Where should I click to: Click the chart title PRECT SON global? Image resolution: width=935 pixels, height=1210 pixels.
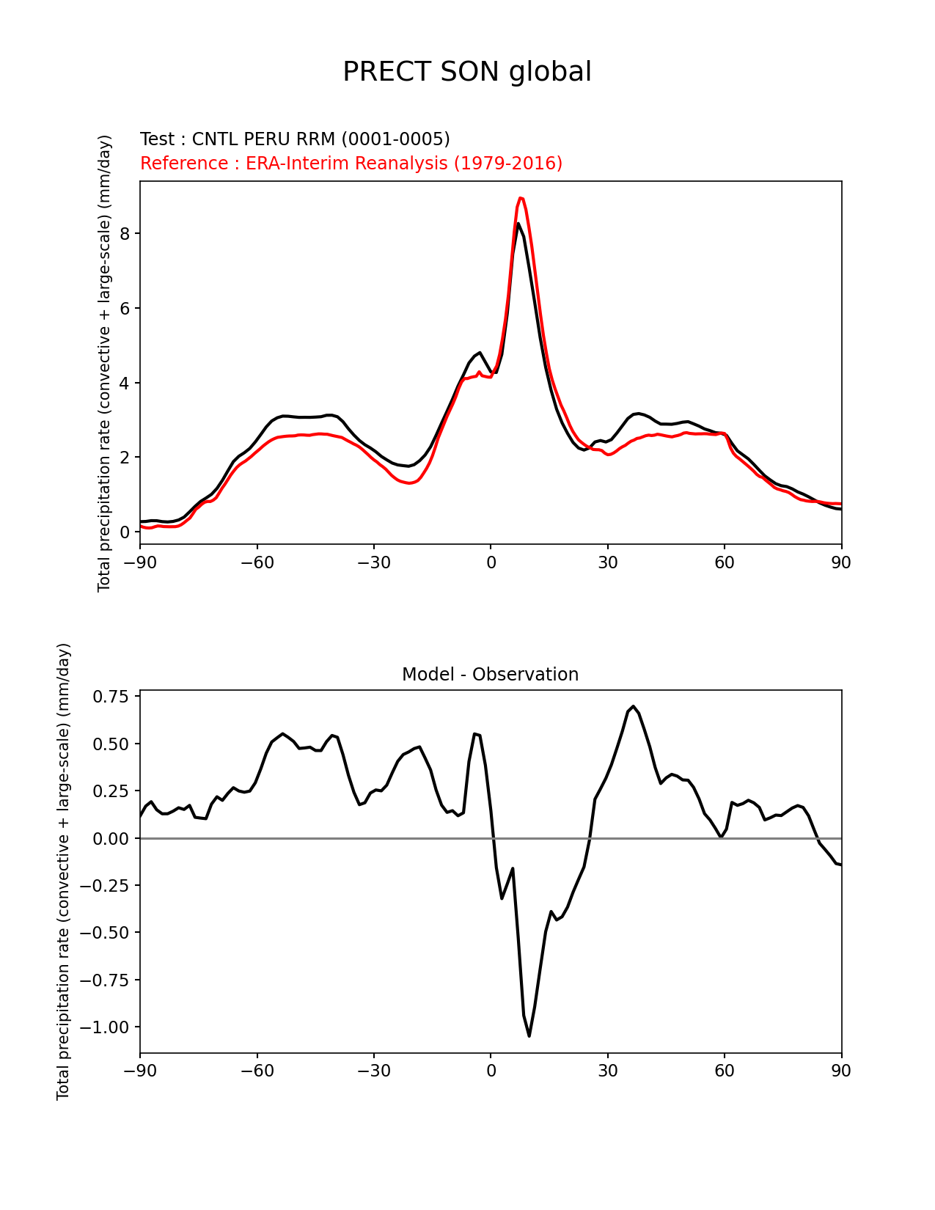point(467,72)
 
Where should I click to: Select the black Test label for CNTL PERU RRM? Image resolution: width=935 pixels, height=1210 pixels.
point(295,139)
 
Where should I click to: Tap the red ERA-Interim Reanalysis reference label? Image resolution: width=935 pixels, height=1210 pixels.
point(351,164)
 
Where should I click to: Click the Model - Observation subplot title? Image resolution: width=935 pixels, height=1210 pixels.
point(490,675)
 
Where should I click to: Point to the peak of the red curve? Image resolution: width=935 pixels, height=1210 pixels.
point(521,197)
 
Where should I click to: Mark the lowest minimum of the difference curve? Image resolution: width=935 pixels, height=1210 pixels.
point(529,1035)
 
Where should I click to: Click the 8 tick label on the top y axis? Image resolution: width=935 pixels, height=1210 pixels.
point(125,233)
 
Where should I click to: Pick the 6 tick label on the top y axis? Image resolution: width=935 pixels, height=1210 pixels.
point(125,308)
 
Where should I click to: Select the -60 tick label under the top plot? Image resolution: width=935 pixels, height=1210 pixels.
point(257,562)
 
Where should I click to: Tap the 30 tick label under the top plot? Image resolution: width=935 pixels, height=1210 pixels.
point(607,562)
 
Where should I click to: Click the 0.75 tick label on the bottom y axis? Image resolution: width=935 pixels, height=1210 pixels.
point(111,697)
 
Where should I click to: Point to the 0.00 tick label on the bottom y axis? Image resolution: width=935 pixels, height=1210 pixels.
point(111,838)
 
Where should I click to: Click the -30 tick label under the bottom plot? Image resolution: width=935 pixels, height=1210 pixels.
point(373,1071)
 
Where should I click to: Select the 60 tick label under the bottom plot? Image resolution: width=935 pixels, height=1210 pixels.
point(725,1071)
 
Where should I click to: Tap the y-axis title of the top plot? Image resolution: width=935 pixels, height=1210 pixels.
point(105,363)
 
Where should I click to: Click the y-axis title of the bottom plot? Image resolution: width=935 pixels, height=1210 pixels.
point(64,871)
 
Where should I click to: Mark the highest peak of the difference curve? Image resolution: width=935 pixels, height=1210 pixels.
point(634,706)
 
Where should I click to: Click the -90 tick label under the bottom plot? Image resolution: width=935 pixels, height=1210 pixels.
point(139,1071)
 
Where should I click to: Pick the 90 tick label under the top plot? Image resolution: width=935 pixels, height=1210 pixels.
point(841,562)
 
